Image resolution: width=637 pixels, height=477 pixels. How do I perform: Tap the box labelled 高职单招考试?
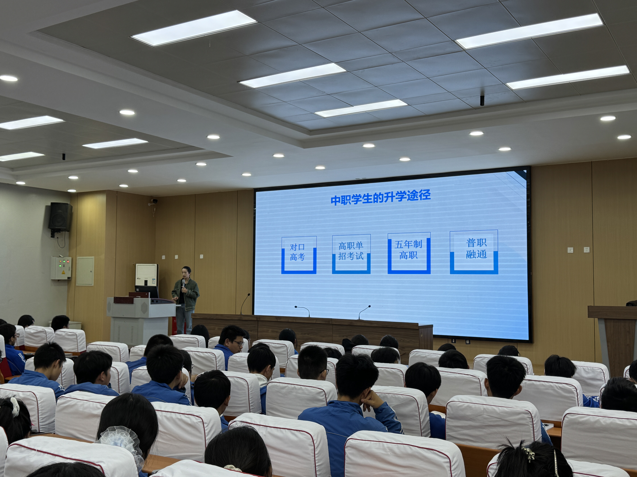(x=351, y=254)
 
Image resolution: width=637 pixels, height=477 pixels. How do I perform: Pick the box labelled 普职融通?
(x=474, y=252)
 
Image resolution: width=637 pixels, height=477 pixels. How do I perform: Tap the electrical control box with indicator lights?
(x=61, y=268)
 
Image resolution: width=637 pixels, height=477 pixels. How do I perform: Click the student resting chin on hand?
(x=354, y=403)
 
